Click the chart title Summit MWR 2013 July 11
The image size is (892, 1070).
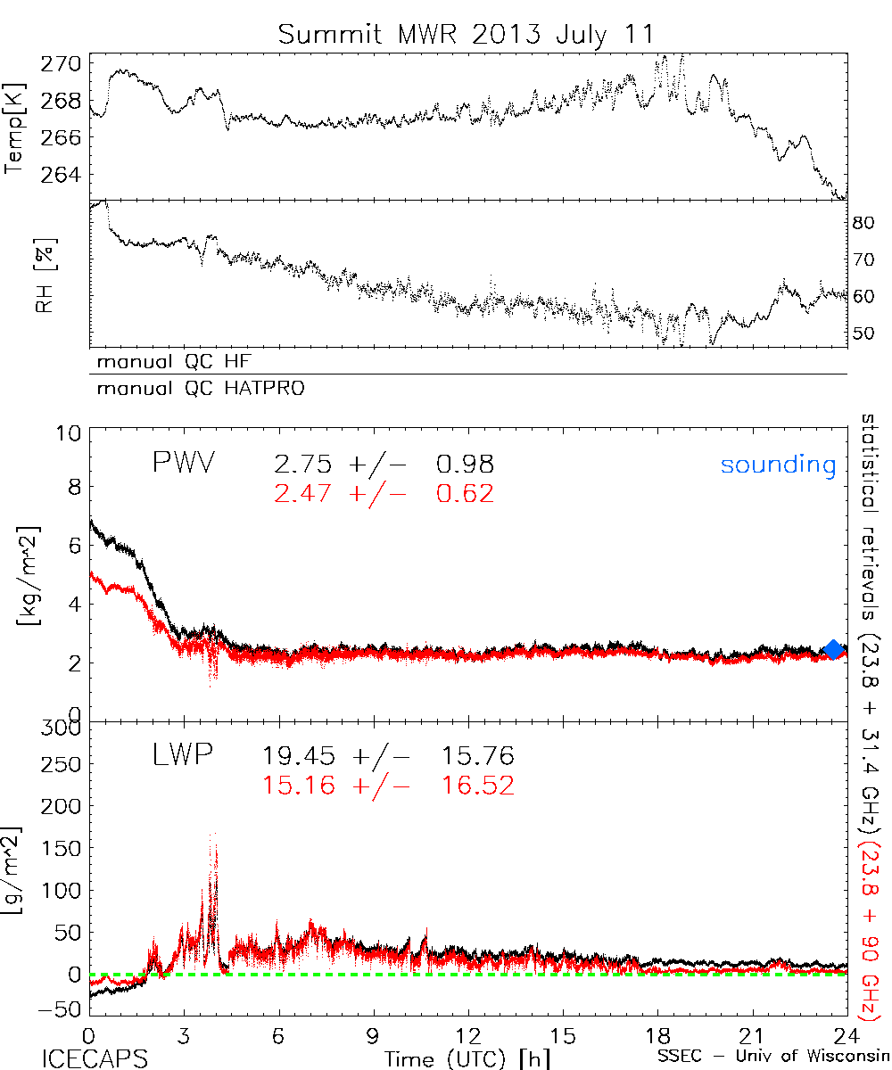pyautogui.click(x=466, y=34)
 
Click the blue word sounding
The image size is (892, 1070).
pyautogui.click(x=779, y=465)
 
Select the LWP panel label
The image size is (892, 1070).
pyautogui.click(x=182, y=756)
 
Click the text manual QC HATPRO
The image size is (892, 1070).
pyautogui.click(x=195, y=389)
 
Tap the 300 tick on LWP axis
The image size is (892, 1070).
pyautogui.click(x=62, y=728)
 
